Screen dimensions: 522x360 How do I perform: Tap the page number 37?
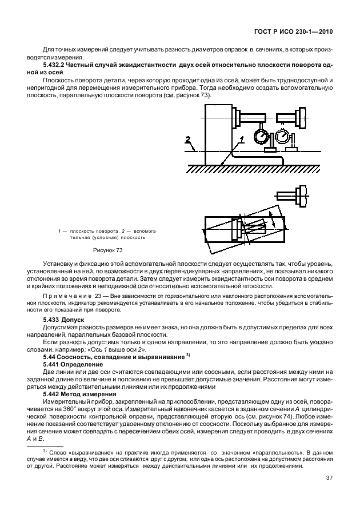(329, 478)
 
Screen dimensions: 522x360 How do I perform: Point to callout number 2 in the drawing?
(187, 139)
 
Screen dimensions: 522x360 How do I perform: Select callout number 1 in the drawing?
(242, 139)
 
